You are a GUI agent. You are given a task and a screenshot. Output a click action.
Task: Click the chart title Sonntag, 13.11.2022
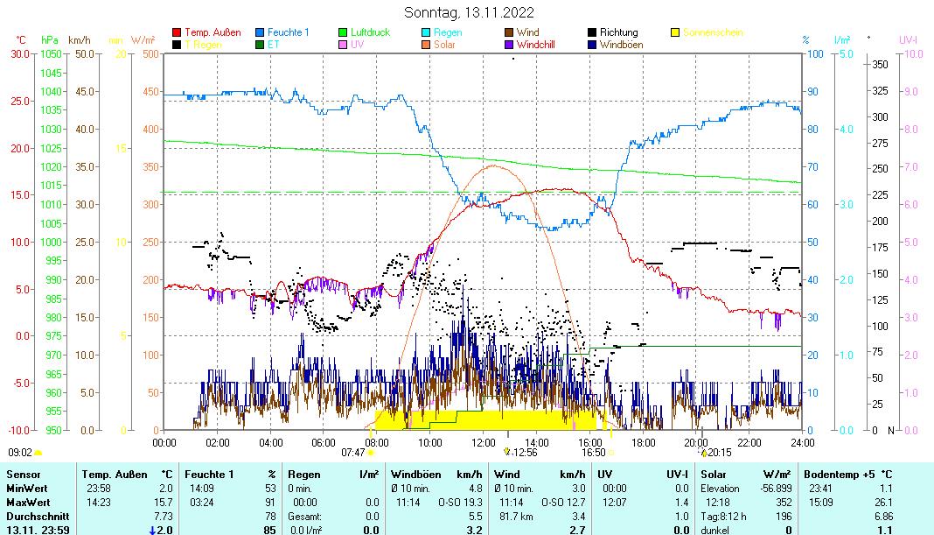[470, 12]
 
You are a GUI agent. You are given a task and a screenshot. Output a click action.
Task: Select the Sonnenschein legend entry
[713, 32]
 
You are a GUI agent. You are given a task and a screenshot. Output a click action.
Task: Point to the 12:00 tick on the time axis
[483, 442]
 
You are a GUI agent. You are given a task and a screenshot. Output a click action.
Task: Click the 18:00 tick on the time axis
[643, 442]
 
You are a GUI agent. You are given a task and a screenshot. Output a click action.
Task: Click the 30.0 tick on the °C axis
[18, 54]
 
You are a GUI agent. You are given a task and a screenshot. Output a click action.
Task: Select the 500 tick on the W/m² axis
[150, 54]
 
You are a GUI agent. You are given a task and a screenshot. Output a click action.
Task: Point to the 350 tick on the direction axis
[880, 64]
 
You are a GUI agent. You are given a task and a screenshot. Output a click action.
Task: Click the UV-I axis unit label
[910, 39]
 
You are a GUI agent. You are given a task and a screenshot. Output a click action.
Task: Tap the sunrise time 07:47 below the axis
[352, 453]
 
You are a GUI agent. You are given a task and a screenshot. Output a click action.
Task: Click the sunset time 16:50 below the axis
[594, 453]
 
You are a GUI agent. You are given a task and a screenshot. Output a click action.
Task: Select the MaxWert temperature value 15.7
[164, 502]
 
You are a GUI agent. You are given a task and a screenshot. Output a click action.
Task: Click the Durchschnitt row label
[31, 516]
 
